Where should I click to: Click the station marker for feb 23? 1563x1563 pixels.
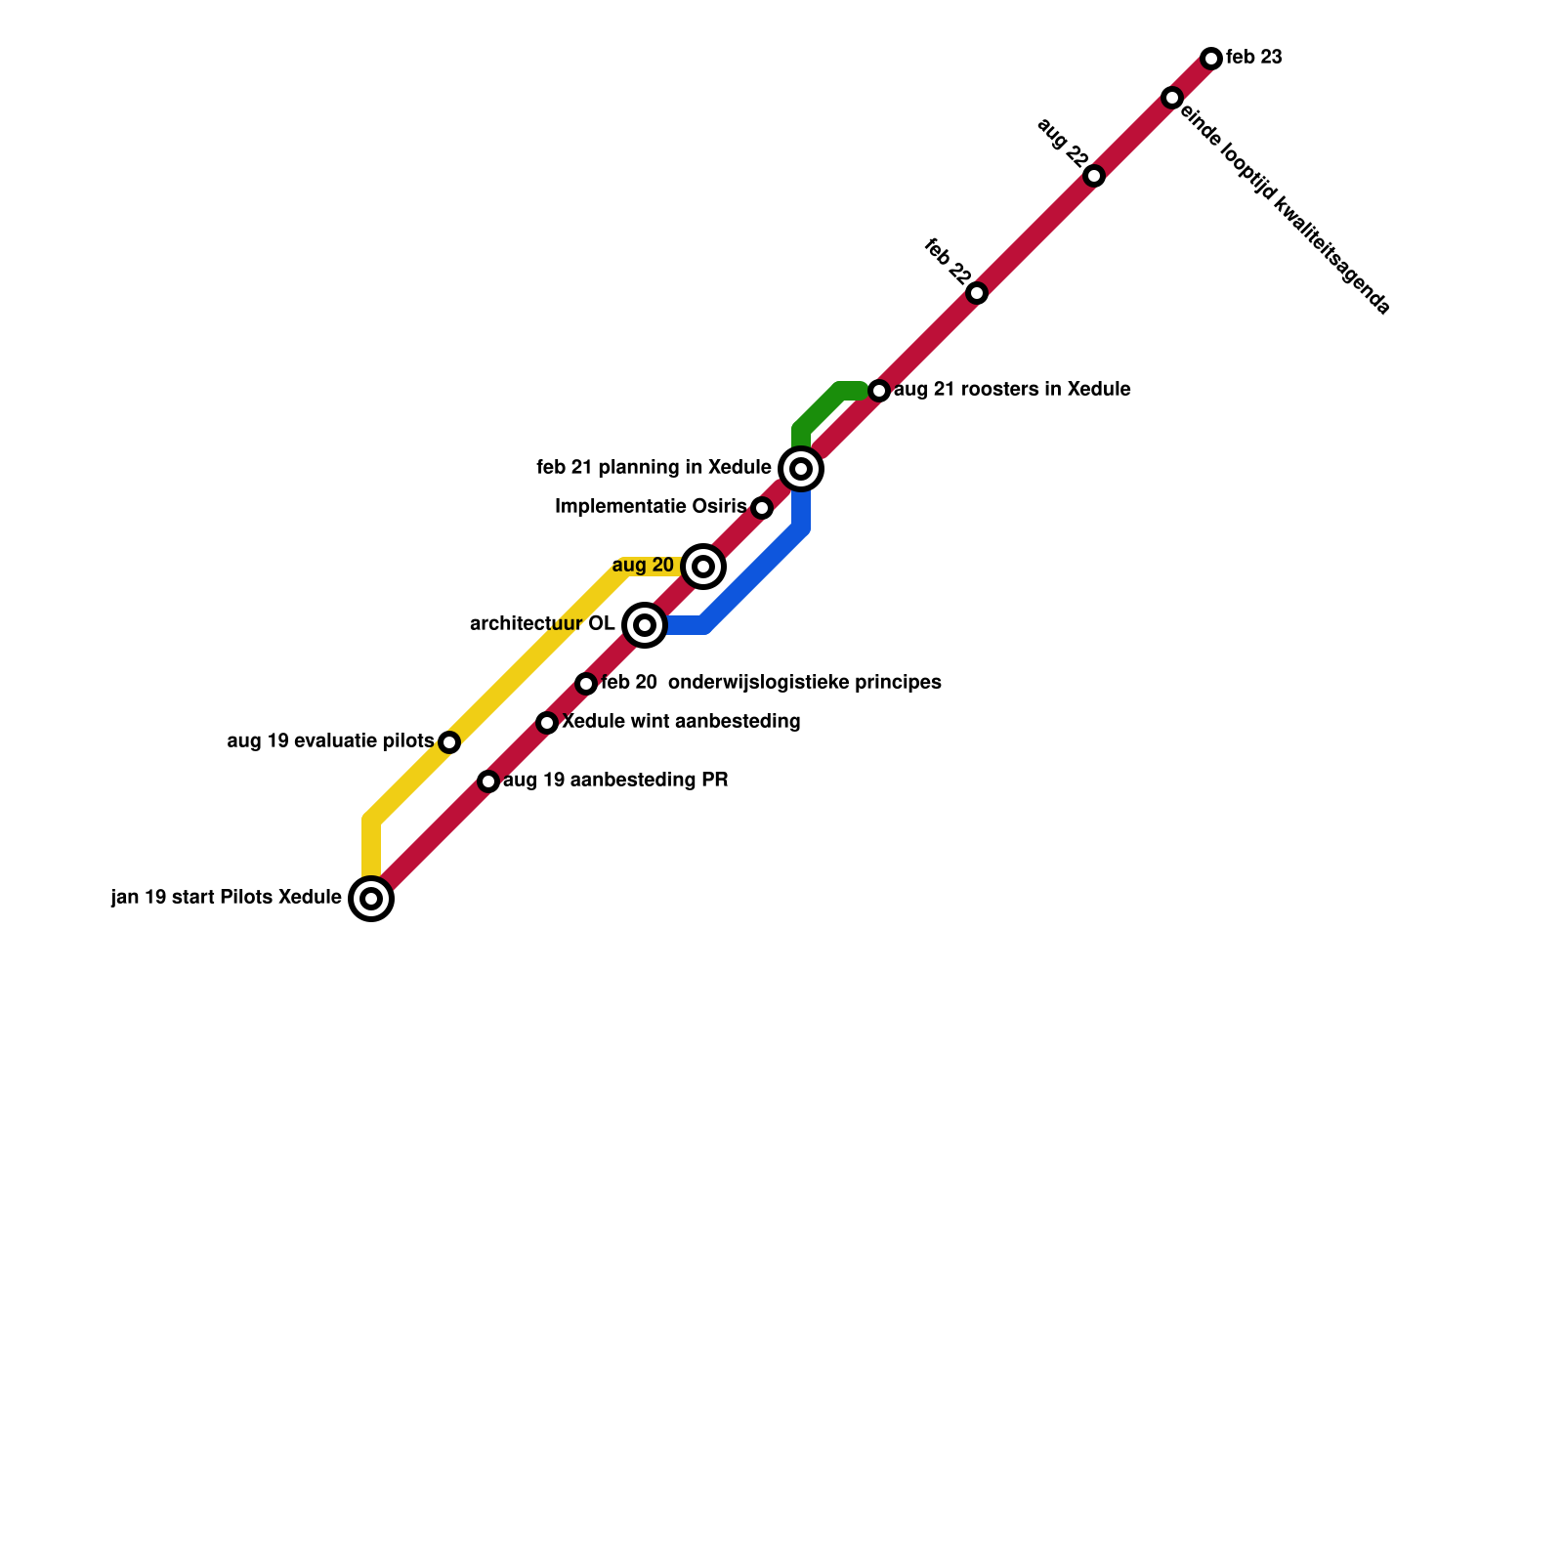[1211, 59]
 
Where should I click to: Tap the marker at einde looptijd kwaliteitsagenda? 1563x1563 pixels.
[1172, 98]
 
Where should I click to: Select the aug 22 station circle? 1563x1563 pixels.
[1094, 176]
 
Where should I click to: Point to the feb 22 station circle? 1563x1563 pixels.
[977, 293]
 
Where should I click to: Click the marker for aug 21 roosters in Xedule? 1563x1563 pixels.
[879, 391]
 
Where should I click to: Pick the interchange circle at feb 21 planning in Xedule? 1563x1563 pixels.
[801, 469]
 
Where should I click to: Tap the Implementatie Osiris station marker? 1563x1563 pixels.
[762, 508]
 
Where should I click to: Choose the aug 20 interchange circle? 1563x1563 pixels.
[703, 567]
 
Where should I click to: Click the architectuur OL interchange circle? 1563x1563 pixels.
[645, 624]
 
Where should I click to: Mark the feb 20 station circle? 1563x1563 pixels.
[586, 684]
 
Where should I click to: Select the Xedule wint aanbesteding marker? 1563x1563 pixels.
[547, 723]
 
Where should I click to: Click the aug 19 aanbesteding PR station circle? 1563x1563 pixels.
[488, 781]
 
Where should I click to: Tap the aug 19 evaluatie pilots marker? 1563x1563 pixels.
[449, 742]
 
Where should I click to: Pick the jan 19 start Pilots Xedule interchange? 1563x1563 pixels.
[371, 899]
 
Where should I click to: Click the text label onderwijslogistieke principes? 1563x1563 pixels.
[804, 682]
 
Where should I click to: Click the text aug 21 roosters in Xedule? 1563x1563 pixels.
[1012, 390]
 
